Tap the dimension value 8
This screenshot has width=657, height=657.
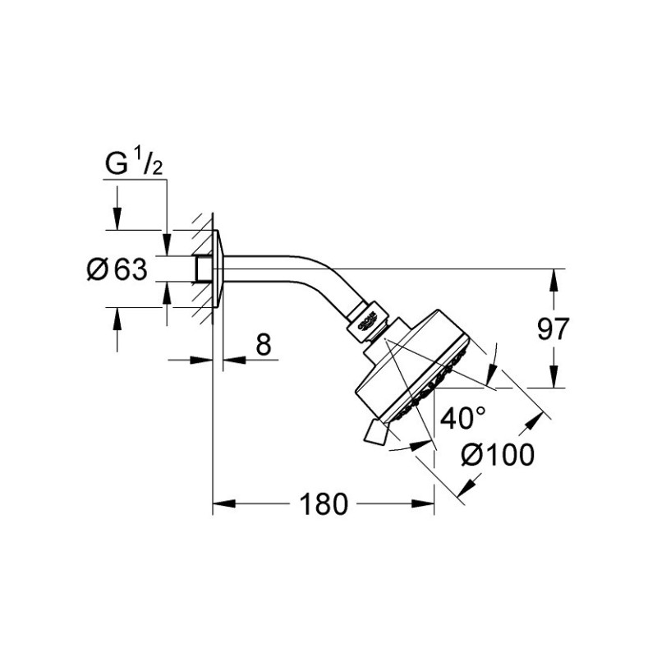262,346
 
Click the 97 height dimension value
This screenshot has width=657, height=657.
553,329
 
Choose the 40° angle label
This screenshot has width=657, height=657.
462,419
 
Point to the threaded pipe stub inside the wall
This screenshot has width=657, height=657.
203,269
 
